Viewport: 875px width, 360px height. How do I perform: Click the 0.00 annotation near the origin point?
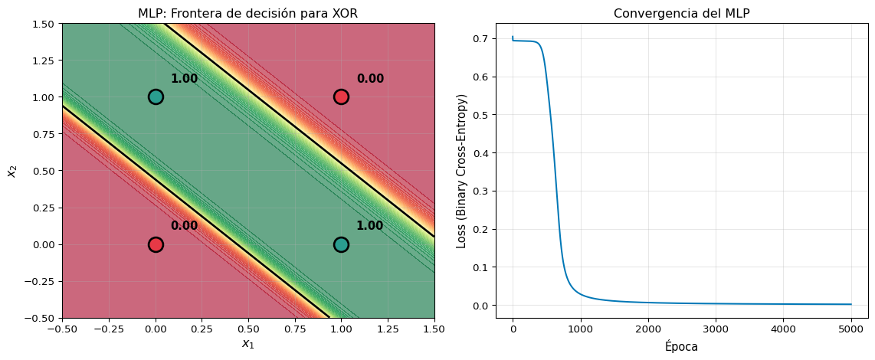[184, 226]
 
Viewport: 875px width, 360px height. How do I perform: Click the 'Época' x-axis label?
[682, 346]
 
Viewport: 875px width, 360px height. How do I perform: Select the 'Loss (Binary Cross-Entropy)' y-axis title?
[462, 171]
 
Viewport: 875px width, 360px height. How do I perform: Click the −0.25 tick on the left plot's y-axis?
[43, 281]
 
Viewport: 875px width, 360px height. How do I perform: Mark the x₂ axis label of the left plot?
[12, 171]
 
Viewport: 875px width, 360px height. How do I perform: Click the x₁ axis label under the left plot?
[247, 345]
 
